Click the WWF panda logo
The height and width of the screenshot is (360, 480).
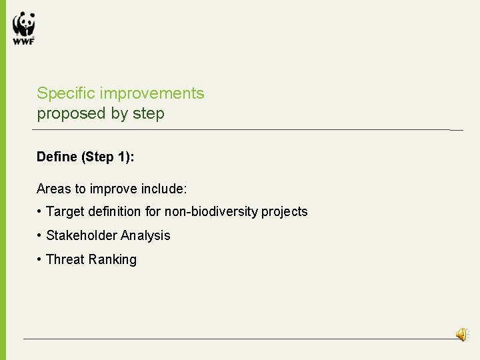[x=23, y=28]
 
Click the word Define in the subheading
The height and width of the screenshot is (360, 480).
[x=57, y=157]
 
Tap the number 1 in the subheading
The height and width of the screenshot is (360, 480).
[x=126, y=157]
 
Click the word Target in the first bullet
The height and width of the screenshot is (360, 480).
[x=65, y=212]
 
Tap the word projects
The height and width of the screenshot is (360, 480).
[x=285, y=213]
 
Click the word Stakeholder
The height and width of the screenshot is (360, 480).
[x=82, y=235]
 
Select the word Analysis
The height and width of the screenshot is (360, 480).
[x=145, y=236]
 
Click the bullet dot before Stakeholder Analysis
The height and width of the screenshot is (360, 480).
[x=40, y=235]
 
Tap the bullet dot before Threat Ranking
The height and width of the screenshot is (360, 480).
[x=40, y=259]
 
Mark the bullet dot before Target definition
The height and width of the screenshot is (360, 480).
[x=40, y=212]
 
